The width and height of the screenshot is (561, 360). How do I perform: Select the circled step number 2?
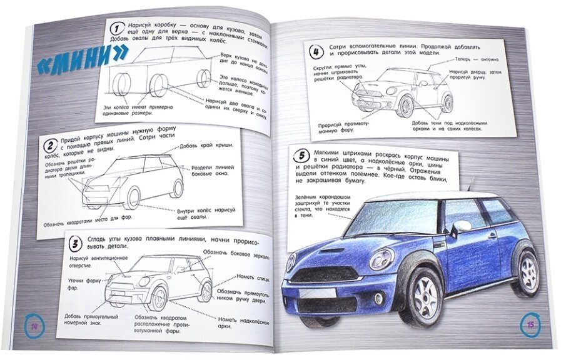pyautogui.click(x=48, y=147)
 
